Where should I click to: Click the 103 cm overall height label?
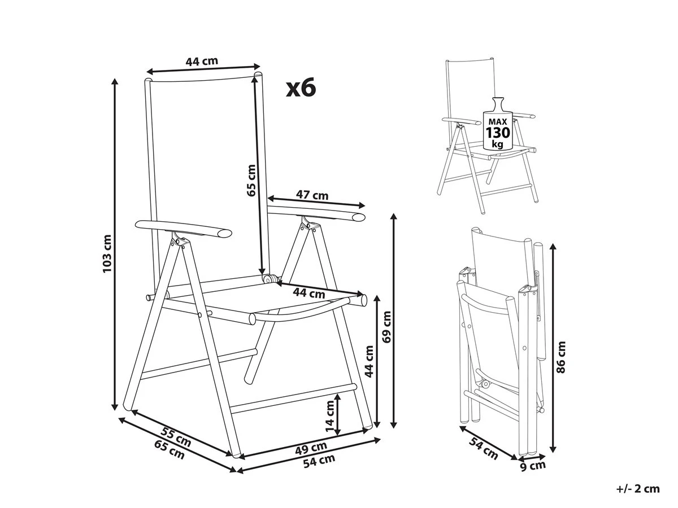coord(107,253)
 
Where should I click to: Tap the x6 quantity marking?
coord(301,87)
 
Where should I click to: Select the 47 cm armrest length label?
coord(312,195)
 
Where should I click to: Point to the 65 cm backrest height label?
coord(251,181)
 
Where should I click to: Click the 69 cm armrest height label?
coord(386,327)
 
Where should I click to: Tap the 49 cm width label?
coord(311,448)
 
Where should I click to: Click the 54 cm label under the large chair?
coord(319,461)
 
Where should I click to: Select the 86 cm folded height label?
coord(561,357)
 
